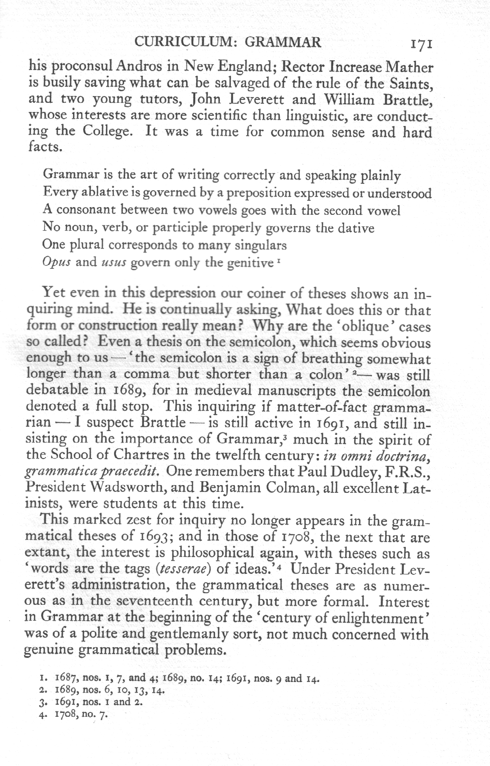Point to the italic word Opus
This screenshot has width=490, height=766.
tap(54, 263)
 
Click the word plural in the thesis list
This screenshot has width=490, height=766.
tap(85, 245)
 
